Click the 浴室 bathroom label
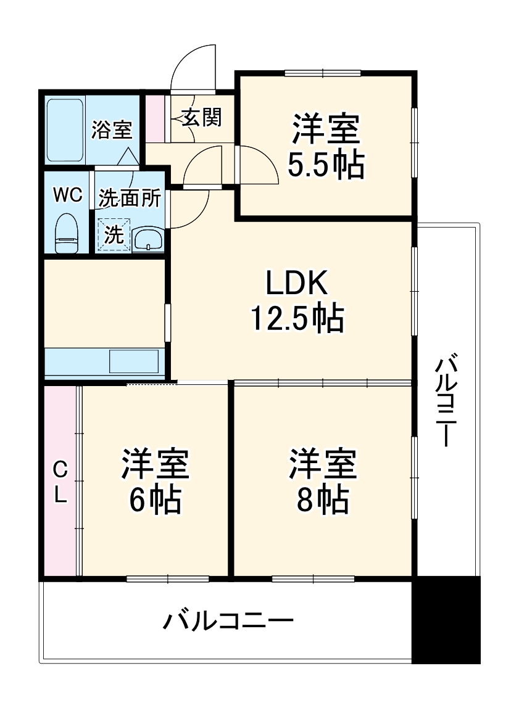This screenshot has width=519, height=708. coord(112,130)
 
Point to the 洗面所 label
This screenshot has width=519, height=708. coord(130,199)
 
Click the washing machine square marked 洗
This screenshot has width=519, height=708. coord(114,234)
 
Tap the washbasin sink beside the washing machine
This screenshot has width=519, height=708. coord(148,237)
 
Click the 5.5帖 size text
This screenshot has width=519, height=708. coord(325,163)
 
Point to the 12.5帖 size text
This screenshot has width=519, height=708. coord(296,318)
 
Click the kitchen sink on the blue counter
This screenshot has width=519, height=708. coord(133,361)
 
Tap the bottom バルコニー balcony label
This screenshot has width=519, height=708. coord(228,620)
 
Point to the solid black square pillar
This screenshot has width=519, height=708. coord(446,620)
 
